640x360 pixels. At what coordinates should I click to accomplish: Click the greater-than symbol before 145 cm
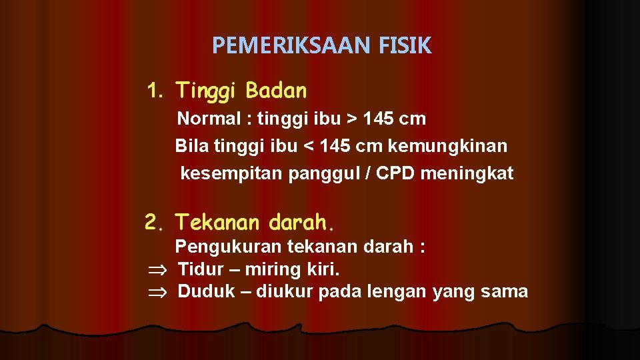pos(351,120)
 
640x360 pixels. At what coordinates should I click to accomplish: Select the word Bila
pos(190,145)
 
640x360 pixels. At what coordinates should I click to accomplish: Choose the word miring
pos(274,270)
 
